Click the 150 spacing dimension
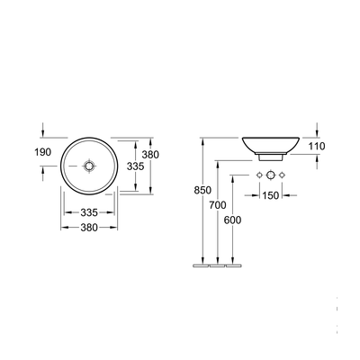pos(271,196)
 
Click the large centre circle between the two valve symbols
pos(271,173)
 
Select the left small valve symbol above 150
pos(259,173)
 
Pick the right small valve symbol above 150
pos(283,173)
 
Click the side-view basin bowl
pos(271,144)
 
